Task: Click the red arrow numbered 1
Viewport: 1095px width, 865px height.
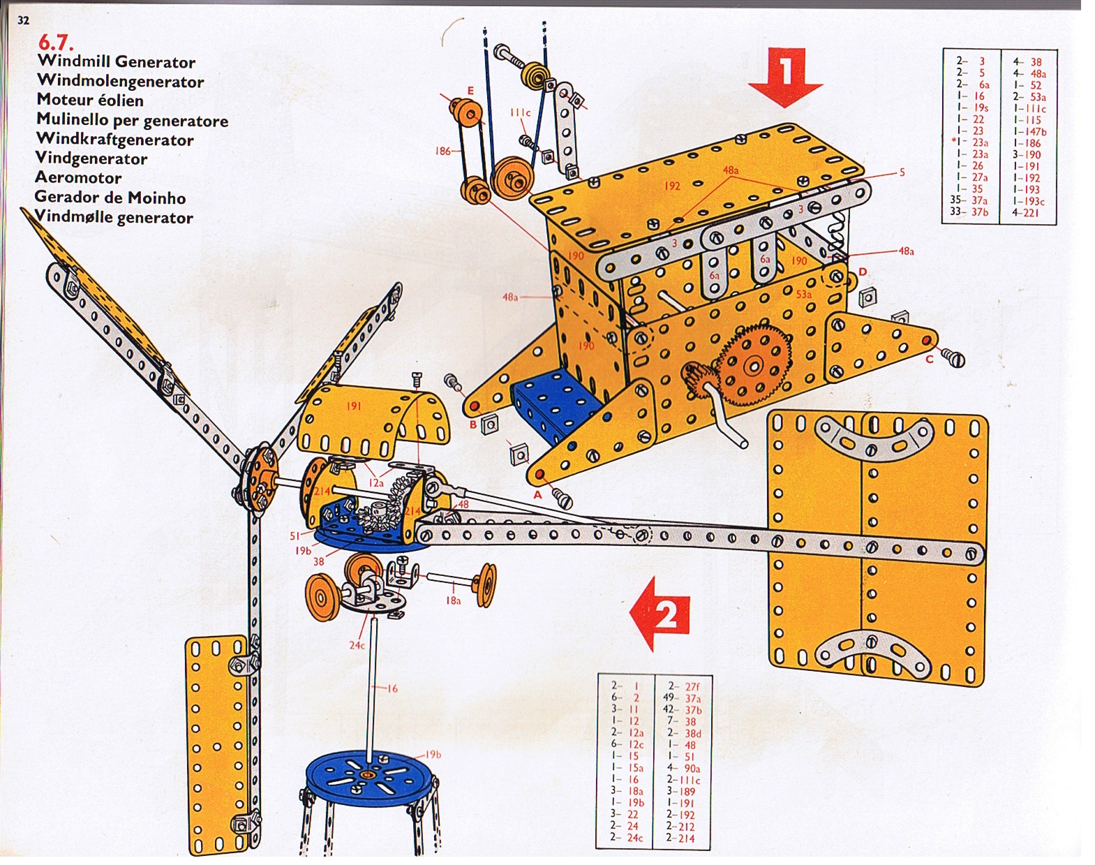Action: (786, 75)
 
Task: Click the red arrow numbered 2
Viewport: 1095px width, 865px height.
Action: (662, 613)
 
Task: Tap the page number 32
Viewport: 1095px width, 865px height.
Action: (24, 20)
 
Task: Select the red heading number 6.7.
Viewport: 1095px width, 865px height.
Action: (56, 43)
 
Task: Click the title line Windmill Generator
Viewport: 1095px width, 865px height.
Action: (116, 62)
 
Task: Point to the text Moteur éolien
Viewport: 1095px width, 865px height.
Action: (90, 100)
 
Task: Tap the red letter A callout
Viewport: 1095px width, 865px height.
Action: (537, 495)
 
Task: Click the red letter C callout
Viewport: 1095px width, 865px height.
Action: (929, 360)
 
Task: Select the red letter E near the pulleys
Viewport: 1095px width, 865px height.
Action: (471, 91)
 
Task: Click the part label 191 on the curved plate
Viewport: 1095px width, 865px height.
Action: (354, 406)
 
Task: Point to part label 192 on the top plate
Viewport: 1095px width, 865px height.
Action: (672, 186)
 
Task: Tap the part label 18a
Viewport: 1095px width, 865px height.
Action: (454, 600)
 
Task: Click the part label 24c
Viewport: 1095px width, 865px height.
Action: (357, 646)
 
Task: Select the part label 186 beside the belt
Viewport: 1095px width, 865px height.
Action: (443, 151)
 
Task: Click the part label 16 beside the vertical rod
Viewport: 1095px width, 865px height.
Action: (392, 689)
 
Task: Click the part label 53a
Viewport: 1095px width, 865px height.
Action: (804, 295)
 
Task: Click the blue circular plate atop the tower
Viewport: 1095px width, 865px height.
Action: (370, 778)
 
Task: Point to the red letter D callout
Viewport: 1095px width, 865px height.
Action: (863, 272)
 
